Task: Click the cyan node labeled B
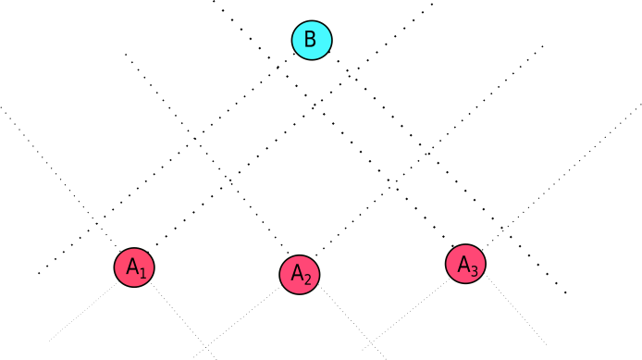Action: (x=312, y=40)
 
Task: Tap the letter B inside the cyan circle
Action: (x=311, y=40)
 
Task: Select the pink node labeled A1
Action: (x=134, y=267)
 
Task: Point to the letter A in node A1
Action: (x=132, y=267)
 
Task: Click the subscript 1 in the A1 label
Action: (x=142, y=272)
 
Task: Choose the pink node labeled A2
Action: (x=300, y=275)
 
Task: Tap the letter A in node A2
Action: (x=297, y=273)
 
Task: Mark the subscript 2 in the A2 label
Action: (x=307, y=279)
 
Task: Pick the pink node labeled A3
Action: (x=465, y=264)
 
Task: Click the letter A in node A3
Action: (x=463, y=263)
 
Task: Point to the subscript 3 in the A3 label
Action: (x=474, y=270)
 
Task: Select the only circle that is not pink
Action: (x=312, y=40)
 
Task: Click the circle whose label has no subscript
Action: (x=312, y=40)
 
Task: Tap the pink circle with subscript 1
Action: (x=134, y=267)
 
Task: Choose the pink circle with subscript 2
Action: (x=300, y=275)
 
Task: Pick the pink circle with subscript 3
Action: (x=465, y=264)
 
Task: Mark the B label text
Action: (x=311, y=40)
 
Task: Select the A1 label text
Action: (x=136, y=268)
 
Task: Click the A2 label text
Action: (x=301, y=275)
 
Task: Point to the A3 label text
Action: (x=467, y=266)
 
